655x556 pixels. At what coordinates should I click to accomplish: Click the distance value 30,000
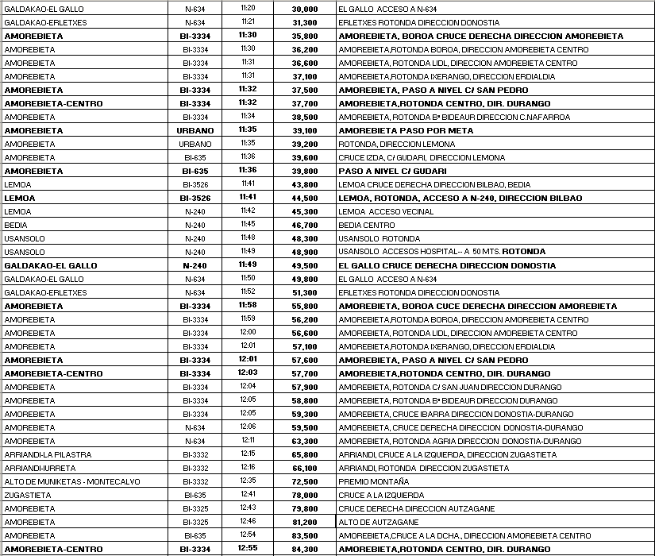pos(305,9)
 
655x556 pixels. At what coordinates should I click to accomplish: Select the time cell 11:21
pos(248,22)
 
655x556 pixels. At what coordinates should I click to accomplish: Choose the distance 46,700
pos(305,225)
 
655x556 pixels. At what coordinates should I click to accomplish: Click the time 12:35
pos(248,481)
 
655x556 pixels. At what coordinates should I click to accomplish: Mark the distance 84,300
pos(305,550)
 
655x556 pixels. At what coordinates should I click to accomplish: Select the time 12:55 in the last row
pos(248,549)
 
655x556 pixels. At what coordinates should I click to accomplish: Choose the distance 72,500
pos(305,482)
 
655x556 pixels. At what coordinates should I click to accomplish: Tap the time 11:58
pos(248,306)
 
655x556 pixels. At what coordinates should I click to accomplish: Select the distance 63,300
pos(305,442)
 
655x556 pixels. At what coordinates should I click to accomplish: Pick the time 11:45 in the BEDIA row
pos(248,225)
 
